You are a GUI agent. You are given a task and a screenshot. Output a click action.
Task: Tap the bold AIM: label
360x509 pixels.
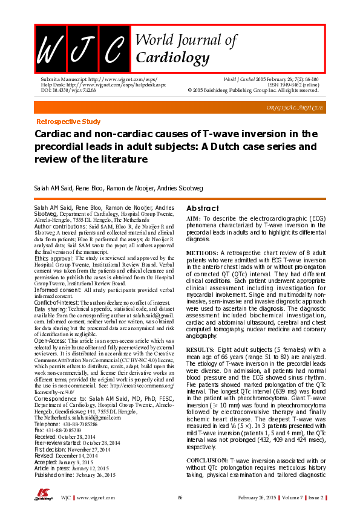193,218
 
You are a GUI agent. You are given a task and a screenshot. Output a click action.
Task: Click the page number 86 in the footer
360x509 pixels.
180,498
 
